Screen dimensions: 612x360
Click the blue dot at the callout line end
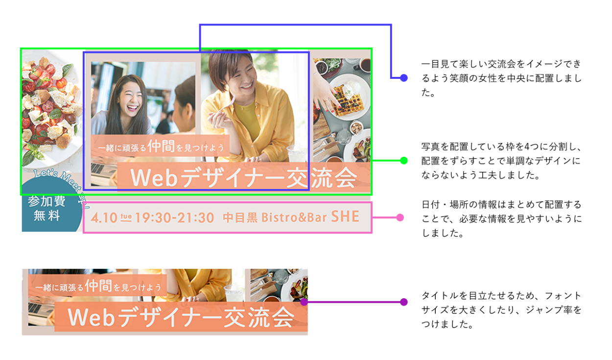[404, 78]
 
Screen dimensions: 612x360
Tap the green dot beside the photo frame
[404, 161]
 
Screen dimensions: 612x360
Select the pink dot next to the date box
[400, 217]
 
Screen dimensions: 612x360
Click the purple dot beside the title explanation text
[404, 302]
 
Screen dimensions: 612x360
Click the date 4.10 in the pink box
[104, 218]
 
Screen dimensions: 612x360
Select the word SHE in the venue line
[345, 216]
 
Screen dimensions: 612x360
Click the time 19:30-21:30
[175, 218]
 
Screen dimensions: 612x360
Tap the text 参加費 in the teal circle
[47, 201]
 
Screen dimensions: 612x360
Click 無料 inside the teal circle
[47, 216]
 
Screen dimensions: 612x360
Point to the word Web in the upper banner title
[154, 178]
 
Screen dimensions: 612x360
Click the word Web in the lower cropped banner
[92, 317]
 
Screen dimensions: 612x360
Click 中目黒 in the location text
[240, 217]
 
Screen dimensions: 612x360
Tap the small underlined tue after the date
[126, 217]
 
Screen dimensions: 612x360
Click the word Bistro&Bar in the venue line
[294, 217]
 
